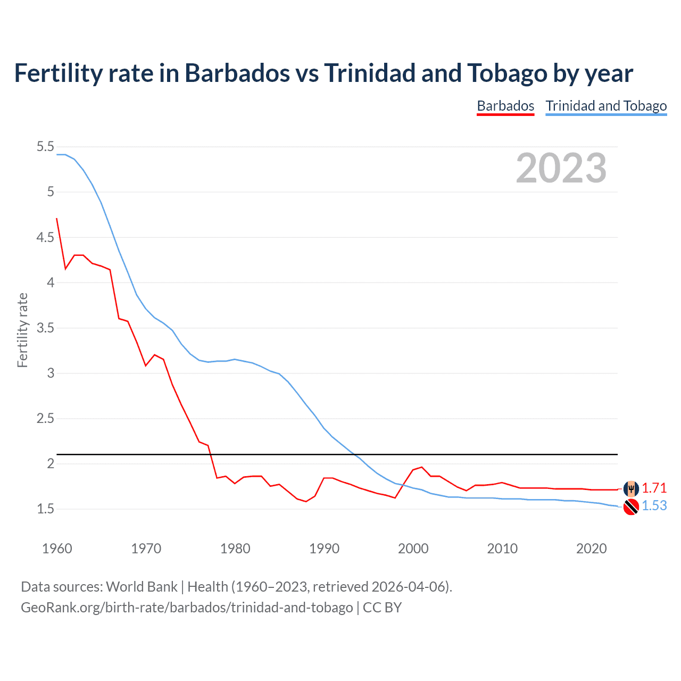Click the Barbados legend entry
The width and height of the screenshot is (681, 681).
(x=505, y=106)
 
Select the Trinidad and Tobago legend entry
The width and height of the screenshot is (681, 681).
(x=606, y=106)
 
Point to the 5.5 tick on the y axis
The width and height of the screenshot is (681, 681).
(x=45, y=146)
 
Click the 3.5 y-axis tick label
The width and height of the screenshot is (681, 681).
(x=45, y=328)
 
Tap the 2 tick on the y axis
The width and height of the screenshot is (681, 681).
(x=51, y=463)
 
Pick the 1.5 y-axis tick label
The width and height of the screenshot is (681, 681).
(x=45, y=509)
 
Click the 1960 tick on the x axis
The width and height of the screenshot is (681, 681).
(x=57, y=549)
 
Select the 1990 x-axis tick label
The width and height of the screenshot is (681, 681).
(x=324, y=549)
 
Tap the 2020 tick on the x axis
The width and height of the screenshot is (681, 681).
(x=591, y=549)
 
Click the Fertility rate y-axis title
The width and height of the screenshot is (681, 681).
(x=22, y=330)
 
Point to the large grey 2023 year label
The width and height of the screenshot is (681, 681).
(x=561, y=168)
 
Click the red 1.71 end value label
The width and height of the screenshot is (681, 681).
(x=654, y=488)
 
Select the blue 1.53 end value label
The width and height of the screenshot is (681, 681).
(x=654, y=505)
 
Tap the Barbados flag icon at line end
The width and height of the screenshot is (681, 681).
(x=631, y=488)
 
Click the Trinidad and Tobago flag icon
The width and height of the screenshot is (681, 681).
(x=631, y=507)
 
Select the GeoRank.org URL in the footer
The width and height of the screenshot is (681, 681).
(x=187, y=607)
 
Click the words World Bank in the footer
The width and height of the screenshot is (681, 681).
(x=142, y=586)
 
